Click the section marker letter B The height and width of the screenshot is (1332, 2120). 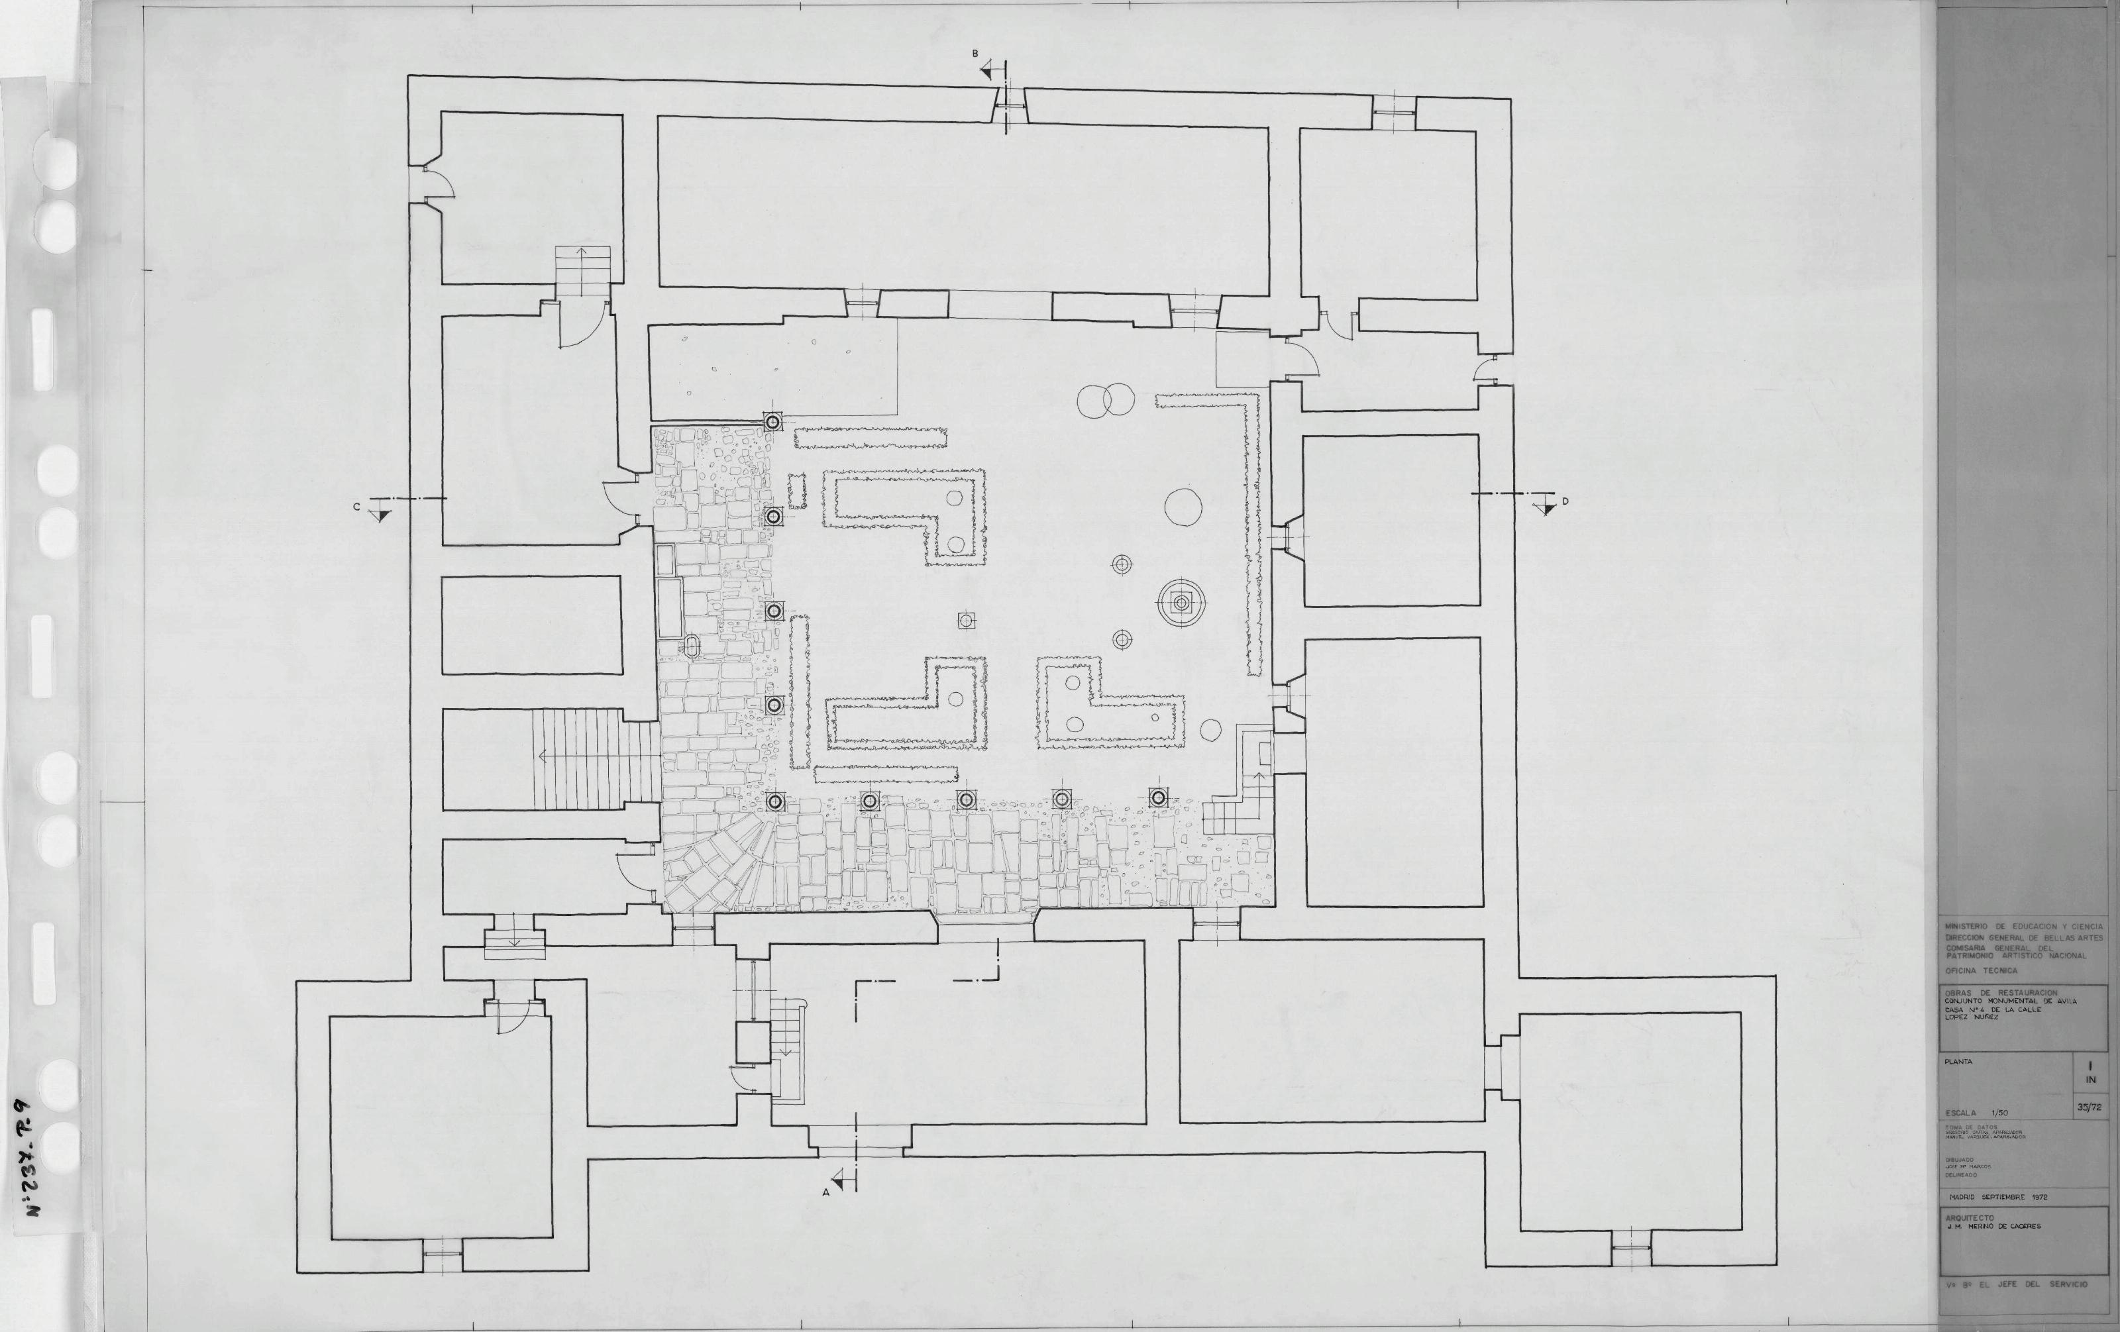(x=975, y=54)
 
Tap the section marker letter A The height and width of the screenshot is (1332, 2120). (x=826, y=1193)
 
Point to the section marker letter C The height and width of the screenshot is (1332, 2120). (x=356, y=506)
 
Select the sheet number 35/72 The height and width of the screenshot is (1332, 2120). (x=2088, y=1107)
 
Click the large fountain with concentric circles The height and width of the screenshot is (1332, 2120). (x=1181, y=603)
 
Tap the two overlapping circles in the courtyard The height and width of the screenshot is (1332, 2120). (x=1105, y=401)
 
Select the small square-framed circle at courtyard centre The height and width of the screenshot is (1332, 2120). (x=966, y=621)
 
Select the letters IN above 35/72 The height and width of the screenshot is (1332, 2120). (x=2090, y=1080)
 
